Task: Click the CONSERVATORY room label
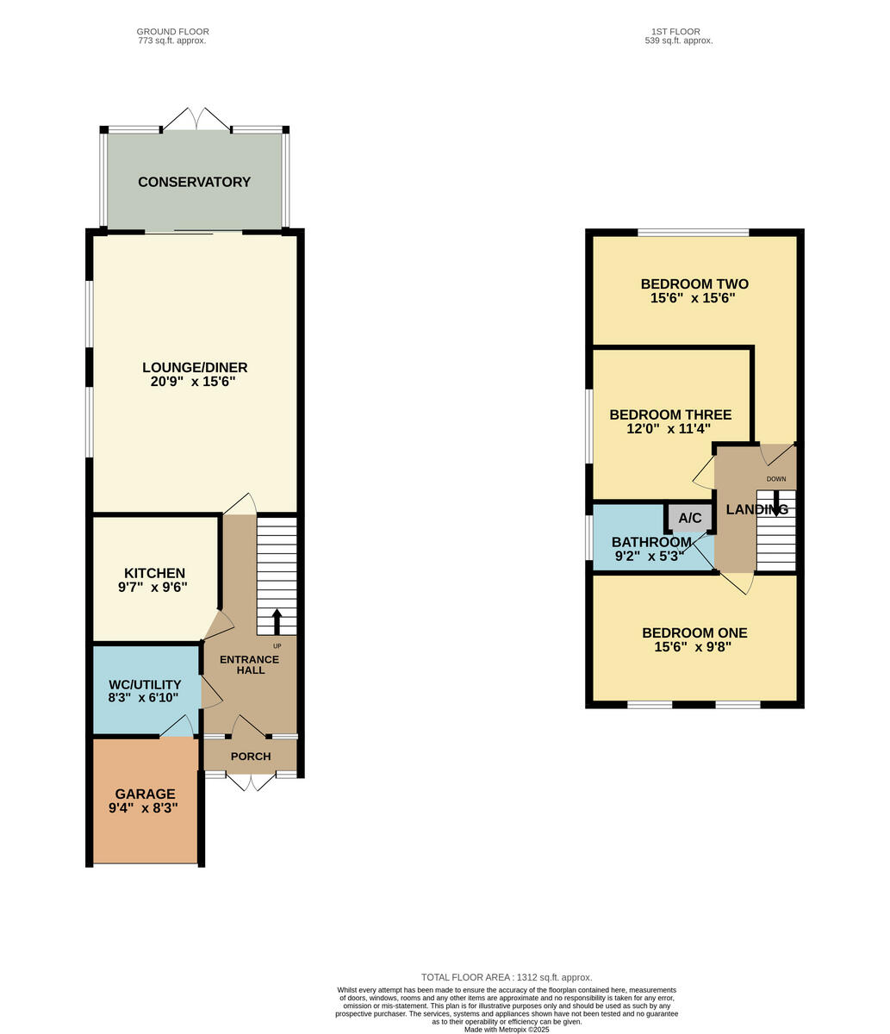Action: (x=194, y=182)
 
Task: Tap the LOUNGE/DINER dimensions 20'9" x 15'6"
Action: (x=195, y=382)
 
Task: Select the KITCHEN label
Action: (x=154, y=573)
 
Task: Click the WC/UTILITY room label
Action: (x=145, y=685)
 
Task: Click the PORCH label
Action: (x=251, y=757)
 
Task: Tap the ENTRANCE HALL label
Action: (x=249, y=664)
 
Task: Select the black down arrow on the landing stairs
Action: (x=776, y=502)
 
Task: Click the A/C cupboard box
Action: (x=690, y=518)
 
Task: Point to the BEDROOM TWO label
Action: (x=694, y=284)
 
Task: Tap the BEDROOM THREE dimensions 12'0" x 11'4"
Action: (x=669, y=428)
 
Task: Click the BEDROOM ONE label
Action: (x=694, y=633)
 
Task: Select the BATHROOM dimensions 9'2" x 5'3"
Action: (x=650, y=556)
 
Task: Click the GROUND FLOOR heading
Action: (x=173, y=32)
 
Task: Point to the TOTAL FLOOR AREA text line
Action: (x=507, y=977)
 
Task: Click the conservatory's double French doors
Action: (x=197, y=120)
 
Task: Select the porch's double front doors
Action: (x=251, y=782)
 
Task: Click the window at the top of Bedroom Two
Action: (x=694, y=232)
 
